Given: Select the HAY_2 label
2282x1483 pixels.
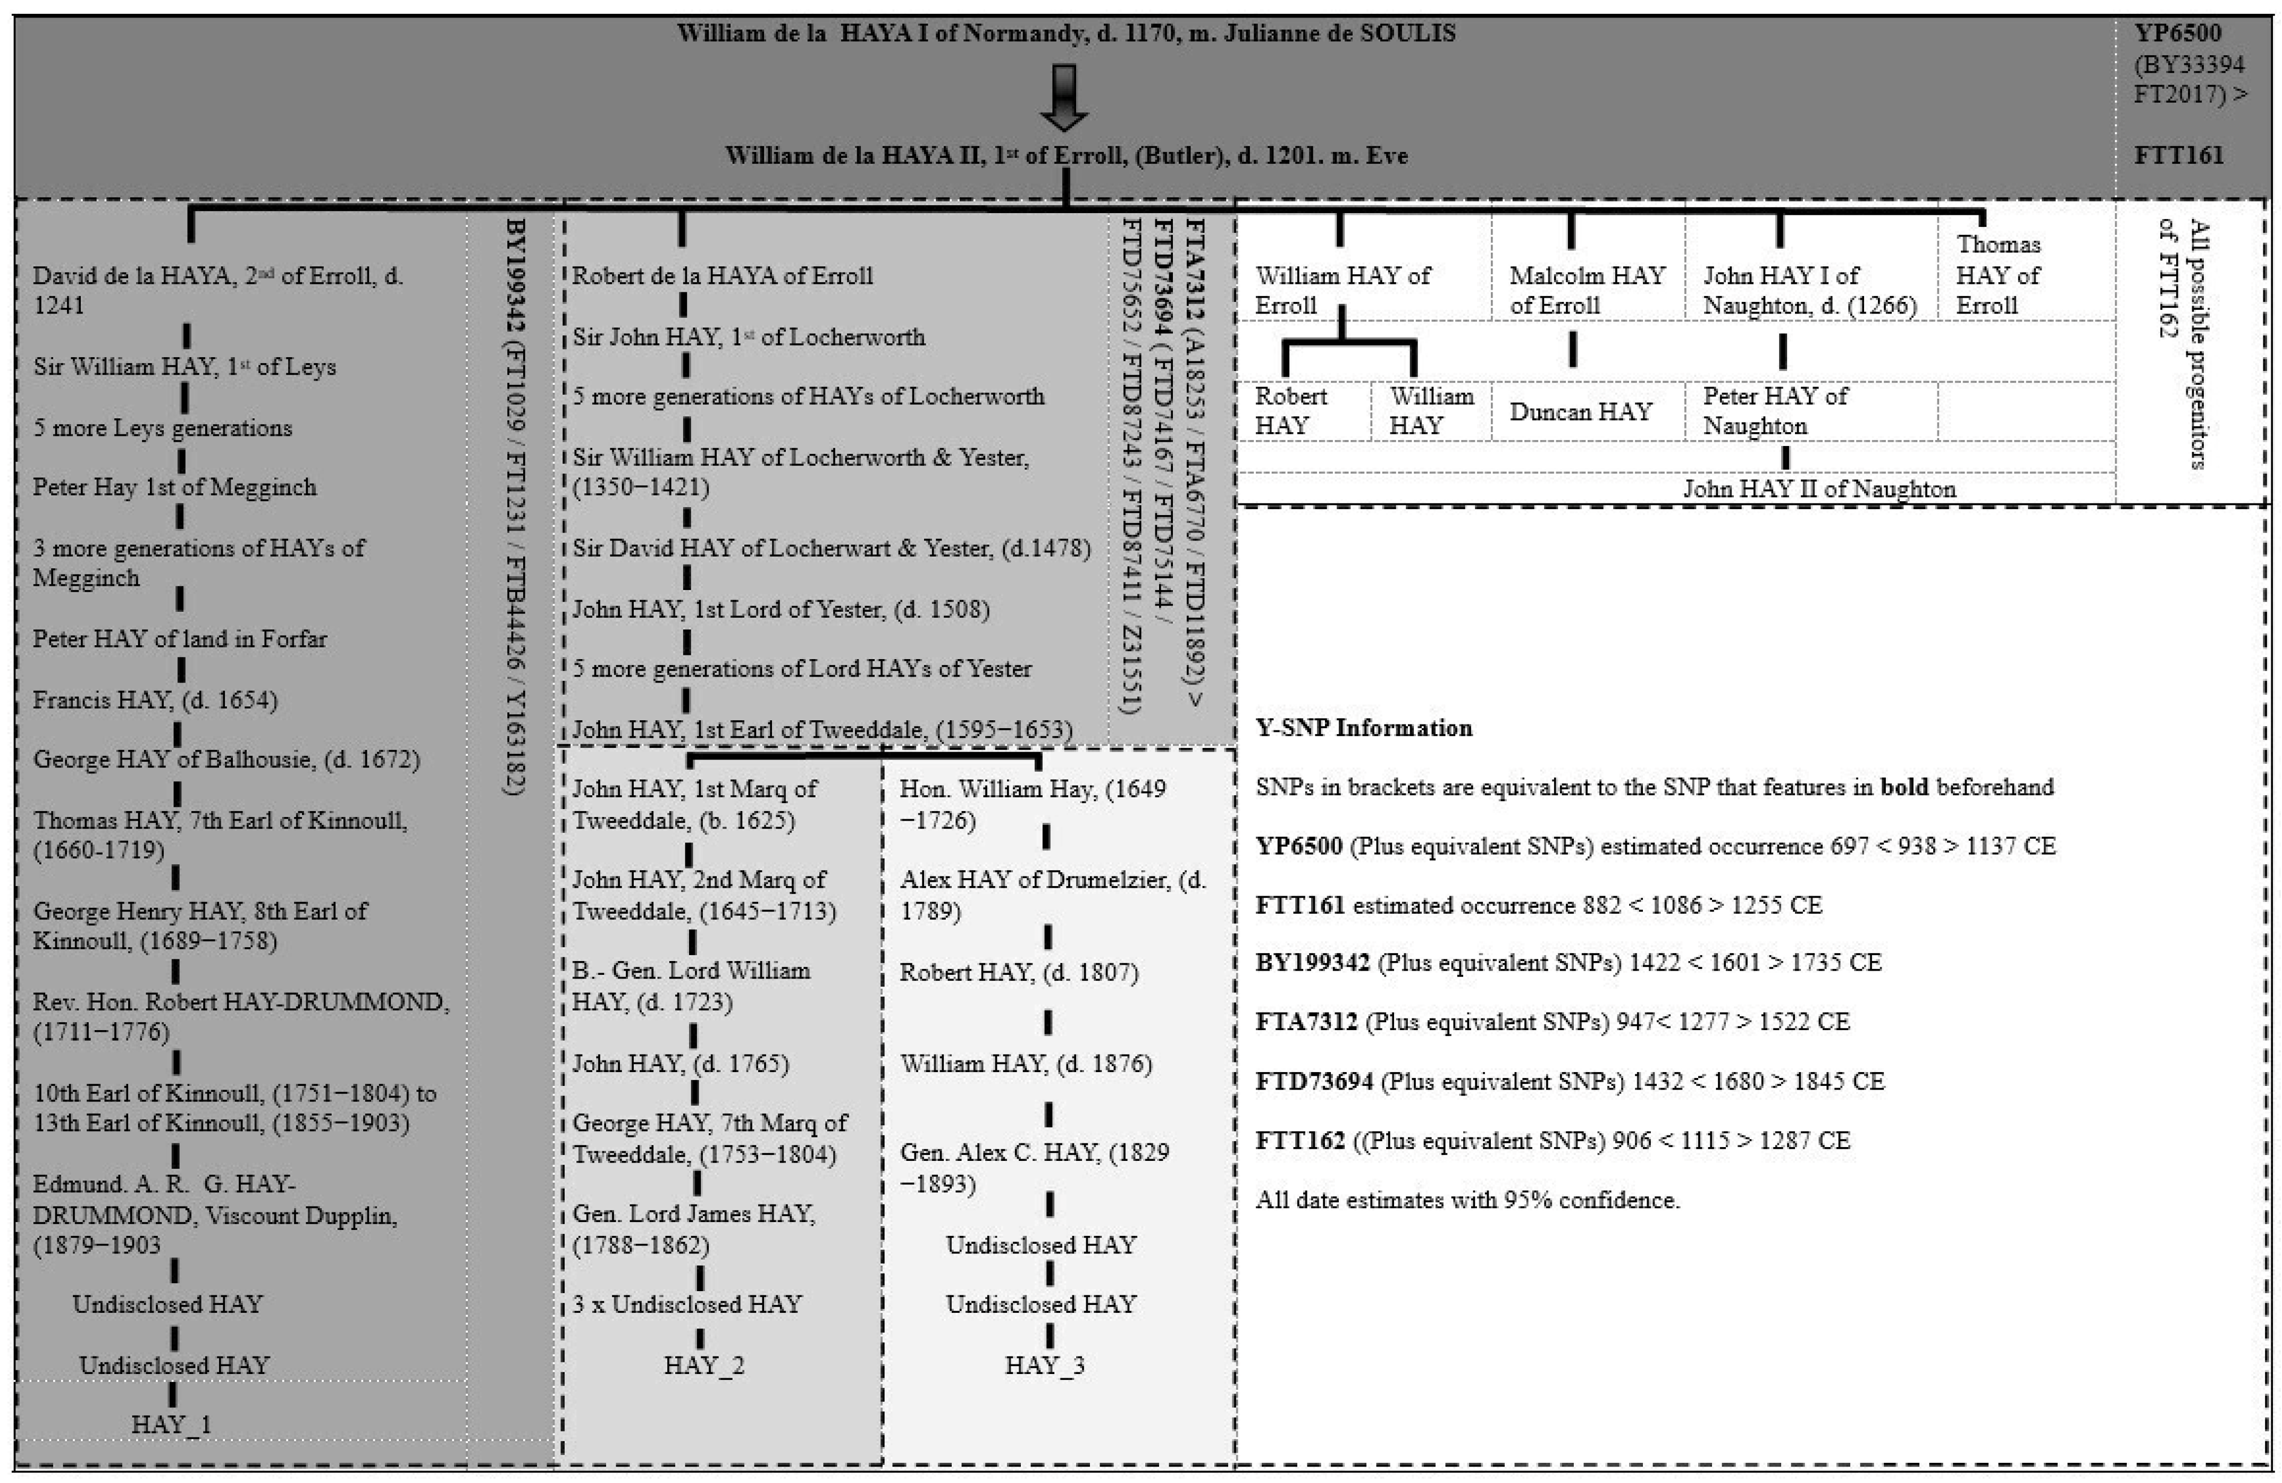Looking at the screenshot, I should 704,1365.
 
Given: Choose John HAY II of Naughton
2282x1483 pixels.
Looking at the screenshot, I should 1819,489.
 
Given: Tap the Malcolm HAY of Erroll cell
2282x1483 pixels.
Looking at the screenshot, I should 1587,290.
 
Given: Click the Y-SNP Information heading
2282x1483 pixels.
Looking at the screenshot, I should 1363,728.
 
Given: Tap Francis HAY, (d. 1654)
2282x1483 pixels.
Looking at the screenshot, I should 155,700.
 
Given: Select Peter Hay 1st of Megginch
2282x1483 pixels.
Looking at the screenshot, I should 174,487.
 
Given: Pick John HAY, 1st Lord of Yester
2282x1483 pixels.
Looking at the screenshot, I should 781,609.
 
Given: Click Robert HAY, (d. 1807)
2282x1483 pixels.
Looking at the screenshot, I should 1018,972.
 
